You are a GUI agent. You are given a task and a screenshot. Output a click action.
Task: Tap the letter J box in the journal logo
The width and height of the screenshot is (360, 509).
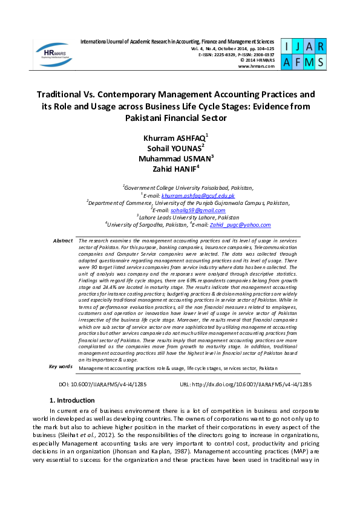(296, 47)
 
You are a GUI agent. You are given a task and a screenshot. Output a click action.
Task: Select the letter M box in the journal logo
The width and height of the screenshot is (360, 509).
(310, 61)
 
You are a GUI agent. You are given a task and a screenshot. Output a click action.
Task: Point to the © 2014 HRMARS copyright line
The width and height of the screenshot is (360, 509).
(257, 60)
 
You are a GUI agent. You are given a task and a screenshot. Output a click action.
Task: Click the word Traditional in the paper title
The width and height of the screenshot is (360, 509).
(67, 95)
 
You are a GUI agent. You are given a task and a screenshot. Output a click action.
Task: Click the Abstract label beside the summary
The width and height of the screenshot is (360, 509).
(63, 241)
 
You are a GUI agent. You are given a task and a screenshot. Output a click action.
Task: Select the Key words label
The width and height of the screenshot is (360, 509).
(61, 366)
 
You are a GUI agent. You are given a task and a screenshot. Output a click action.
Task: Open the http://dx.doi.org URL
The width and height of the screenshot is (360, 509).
(255, 384)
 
